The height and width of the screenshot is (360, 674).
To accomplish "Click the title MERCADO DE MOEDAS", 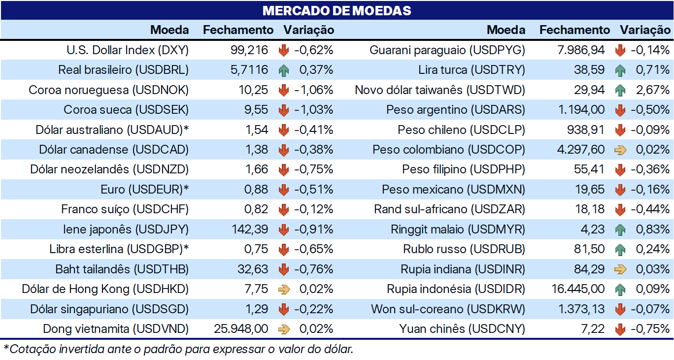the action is coord(337,11).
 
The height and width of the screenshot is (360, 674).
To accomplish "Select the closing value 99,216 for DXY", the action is coord(249,50).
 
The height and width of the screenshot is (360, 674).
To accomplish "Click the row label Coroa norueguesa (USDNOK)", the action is coord(108,90).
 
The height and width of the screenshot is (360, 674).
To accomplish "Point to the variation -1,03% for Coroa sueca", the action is coord(313,110).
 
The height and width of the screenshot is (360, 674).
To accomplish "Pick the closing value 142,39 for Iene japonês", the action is coord(250,229).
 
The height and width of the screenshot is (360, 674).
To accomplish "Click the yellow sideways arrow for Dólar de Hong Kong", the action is coord(284,289).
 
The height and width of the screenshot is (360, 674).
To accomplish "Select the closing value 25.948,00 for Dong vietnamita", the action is coord(241,328).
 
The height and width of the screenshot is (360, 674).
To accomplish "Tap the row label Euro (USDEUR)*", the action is coord(144,190).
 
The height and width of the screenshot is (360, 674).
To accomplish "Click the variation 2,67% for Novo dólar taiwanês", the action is coord(652,90).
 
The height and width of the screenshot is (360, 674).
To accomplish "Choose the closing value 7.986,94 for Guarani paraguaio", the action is coord(581,50).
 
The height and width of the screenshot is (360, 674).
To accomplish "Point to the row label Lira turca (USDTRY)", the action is coord(472,70).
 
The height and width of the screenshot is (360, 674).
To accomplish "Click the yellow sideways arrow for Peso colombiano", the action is coord(620,150).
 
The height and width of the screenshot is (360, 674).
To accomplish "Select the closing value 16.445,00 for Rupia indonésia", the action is coord(578,289).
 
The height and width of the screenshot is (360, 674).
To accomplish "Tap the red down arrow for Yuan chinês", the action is coord(620,329).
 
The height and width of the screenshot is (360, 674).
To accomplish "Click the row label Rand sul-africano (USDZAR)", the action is coord(449,209).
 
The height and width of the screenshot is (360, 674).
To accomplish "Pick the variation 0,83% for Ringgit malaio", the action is coord(652,229).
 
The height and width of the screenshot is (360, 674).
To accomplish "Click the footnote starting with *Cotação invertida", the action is coord(178,349).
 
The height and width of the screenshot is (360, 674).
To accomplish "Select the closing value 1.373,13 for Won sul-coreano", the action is coord(581,309).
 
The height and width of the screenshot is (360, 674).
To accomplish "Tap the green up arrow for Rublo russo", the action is coord(620,250).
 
